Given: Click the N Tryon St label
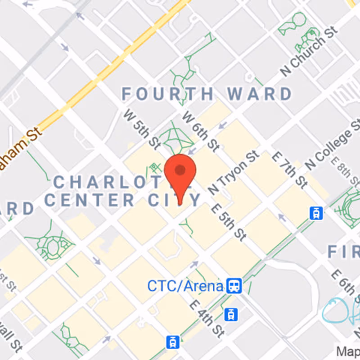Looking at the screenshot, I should click(234, 172).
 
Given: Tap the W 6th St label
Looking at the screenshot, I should click(200, 131).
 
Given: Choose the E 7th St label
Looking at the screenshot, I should click(290, 170).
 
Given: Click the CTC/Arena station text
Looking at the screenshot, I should click(185, 286).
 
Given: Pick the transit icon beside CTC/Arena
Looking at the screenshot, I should click(234, 285).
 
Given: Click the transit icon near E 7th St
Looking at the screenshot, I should click(316, 213).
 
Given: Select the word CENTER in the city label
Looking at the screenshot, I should click(90, 199).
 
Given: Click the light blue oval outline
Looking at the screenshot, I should click(335, 311).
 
